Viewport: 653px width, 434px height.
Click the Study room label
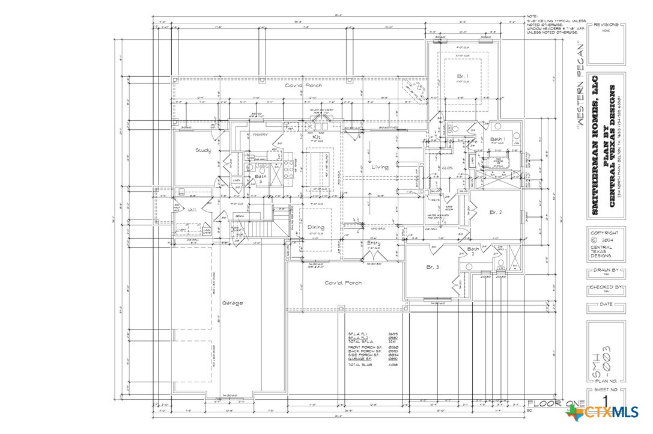(x=203, y=150)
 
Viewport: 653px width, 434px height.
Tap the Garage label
(x=232, y=303)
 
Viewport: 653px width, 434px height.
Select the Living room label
(x=379, y=167)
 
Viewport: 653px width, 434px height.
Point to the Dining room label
(x=316, y=227)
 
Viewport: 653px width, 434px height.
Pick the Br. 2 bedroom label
(x=496, y=212)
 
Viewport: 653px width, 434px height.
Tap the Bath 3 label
(x=261, y=179)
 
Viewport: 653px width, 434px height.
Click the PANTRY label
(x=260, y=135)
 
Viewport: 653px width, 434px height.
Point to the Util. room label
(x=193, y=210)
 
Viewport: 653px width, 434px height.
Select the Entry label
(x=374, y=243)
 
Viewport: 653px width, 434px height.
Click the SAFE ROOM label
(x=448, y=208)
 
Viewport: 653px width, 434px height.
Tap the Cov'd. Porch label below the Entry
(x=343, y=283)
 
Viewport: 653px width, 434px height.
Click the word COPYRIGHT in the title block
(x=604, y=233)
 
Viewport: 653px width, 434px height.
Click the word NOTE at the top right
(x=532, y=16)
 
